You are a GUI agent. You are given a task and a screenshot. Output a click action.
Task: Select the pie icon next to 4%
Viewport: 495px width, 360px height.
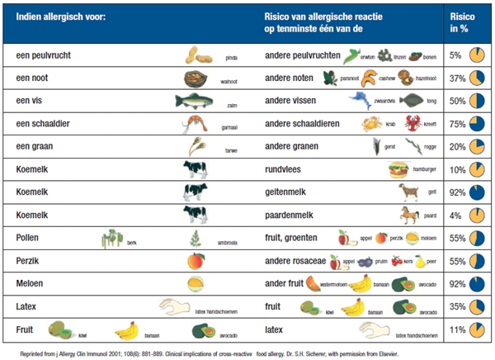[476, 216]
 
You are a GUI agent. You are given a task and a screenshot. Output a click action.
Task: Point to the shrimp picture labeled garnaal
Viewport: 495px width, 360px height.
[195, 125]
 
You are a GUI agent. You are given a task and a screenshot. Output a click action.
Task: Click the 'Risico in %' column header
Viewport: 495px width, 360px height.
[461, 21]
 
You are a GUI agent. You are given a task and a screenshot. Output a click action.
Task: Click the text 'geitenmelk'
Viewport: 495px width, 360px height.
[290, 192]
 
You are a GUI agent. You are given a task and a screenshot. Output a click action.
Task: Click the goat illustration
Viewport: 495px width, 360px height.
[408, 192]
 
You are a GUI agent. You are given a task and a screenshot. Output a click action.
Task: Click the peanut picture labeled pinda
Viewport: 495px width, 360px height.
[200, 55]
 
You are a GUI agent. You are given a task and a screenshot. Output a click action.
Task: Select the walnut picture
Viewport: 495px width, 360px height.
[196, 78]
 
